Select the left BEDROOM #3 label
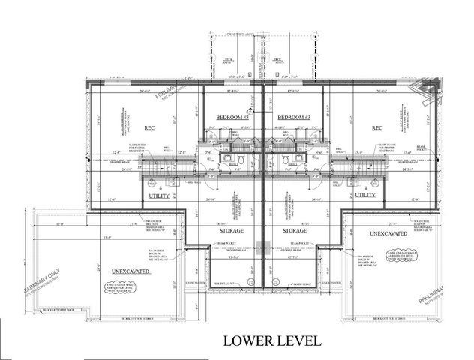[232, 118]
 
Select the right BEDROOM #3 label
[293, 118]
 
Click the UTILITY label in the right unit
[365, 194]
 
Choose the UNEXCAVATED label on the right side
[390, 234]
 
